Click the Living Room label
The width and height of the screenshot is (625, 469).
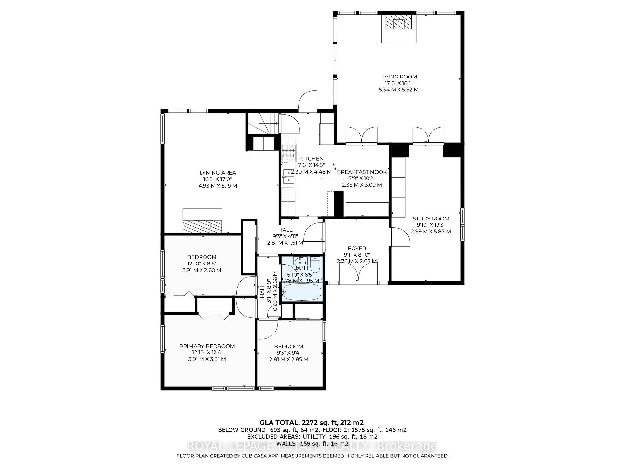[398, 77]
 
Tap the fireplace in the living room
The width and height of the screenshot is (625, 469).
[399, 23]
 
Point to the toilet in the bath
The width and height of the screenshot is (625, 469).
[315, 263]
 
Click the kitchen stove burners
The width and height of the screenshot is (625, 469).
[289, 153]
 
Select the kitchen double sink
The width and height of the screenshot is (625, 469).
[288, 176]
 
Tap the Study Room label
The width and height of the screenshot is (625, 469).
[431, 219]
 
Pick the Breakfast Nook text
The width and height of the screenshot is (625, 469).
[362, 172]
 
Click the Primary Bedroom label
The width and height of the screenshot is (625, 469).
[207, 346]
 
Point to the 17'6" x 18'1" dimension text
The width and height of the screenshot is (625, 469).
[398, 83]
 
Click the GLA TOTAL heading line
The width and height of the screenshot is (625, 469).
[311, 423]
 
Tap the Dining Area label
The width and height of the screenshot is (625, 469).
[217, 173]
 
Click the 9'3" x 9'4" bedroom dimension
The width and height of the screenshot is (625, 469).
[288, 353]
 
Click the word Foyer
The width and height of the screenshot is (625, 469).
[357, 248]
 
